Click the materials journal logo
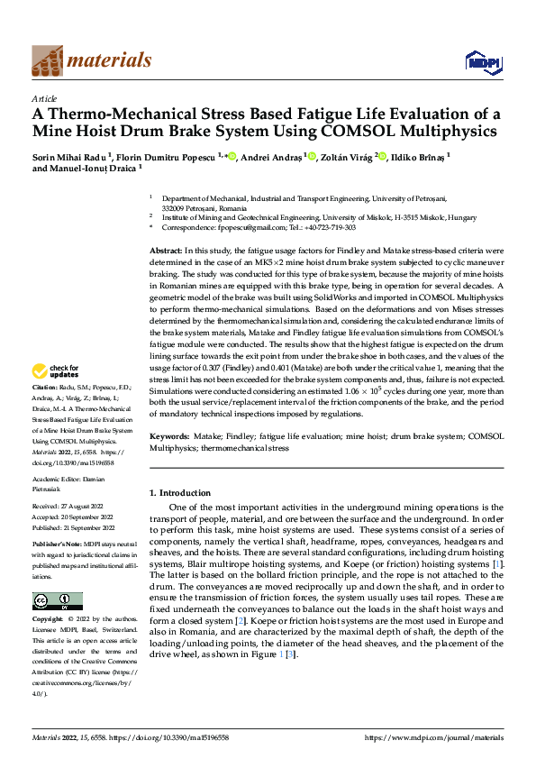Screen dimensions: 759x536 [91, 60]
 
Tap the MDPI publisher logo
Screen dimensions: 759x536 [483, 61]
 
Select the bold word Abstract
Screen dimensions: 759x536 [166, 249]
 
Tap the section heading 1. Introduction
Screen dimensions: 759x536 [179, 493]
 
